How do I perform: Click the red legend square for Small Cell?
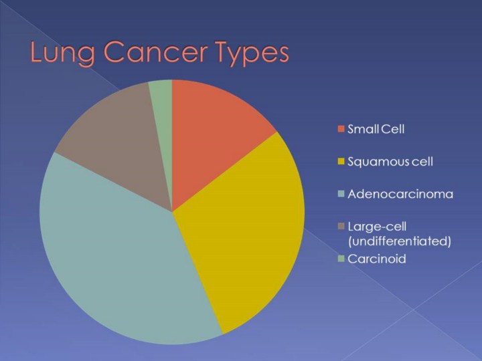click(341, 129)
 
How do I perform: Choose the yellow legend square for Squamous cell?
click(341, 162)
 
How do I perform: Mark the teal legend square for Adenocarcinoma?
click(341, 194)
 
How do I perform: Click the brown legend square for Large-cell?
click(341, 227)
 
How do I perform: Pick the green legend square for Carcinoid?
click(341, 259)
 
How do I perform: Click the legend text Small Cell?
click(376, 129)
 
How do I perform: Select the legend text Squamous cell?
click(390, 162)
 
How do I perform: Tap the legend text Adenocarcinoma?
click(400, 194)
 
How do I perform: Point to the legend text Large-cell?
click(377, 227)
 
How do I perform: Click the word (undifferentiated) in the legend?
click(400, 241)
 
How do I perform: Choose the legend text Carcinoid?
click(377, 259)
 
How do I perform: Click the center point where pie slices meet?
click(172, 212)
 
